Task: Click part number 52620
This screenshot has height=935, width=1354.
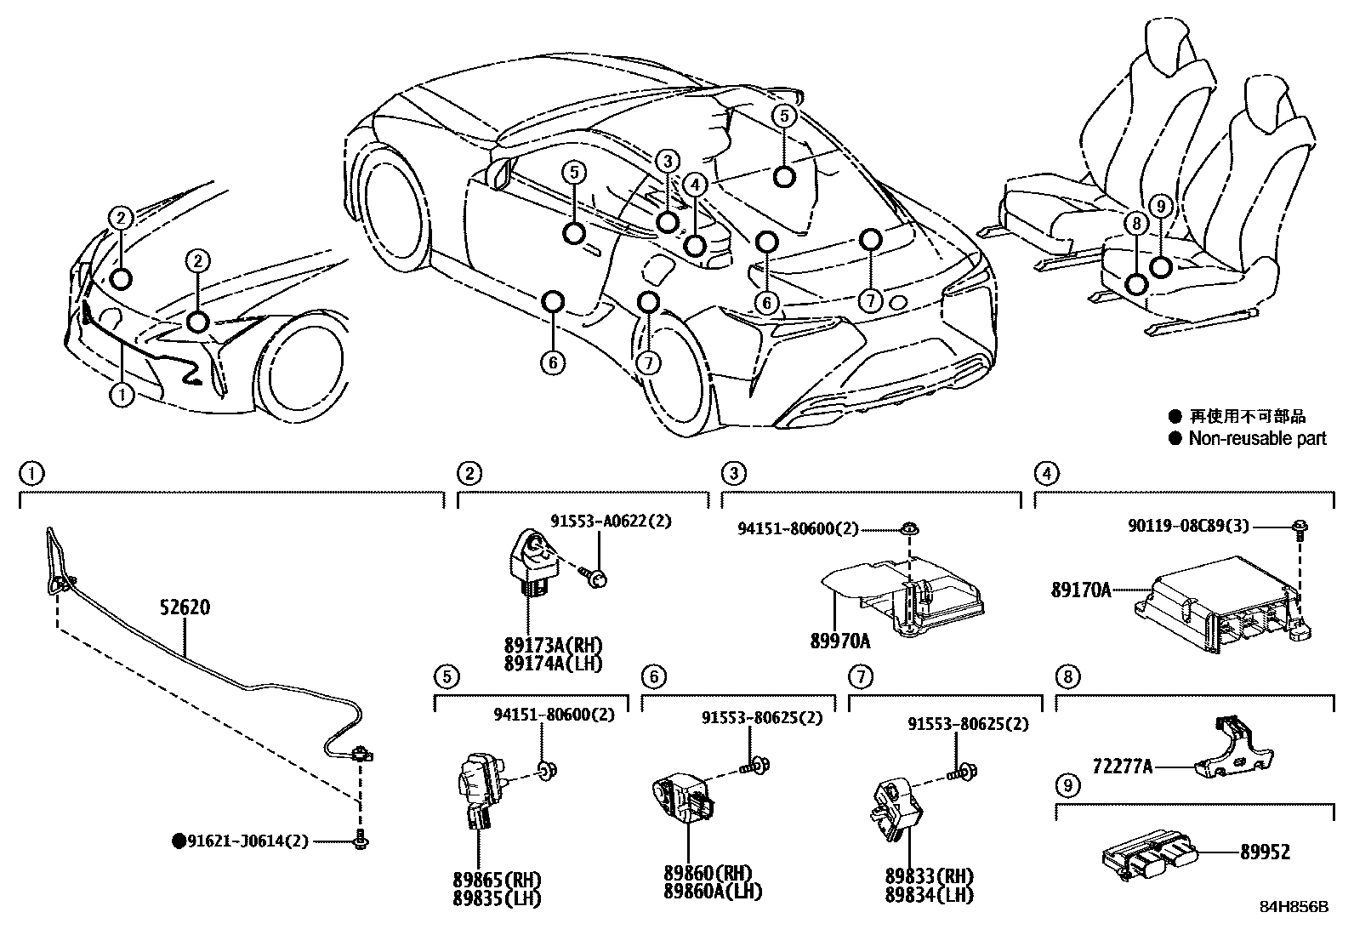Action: (185, 607)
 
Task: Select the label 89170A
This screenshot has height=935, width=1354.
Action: (1080, 589)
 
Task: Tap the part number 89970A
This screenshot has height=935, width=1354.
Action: (841, 640)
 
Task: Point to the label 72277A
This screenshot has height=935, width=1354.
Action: (1123, 767)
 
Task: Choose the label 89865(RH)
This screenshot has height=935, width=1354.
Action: (498, 879)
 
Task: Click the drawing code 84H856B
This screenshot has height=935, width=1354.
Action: (1294, 907)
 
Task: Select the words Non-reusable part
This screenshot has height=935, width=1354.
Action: (1257, 439)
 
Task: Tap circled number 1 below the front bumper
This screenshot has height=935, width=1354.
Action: (122, 395)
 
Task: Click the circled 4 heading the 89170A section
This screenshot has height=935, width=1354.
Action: (1046, 473)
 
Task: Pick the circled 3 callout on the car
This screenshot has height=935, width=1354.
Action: (668, 161)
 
